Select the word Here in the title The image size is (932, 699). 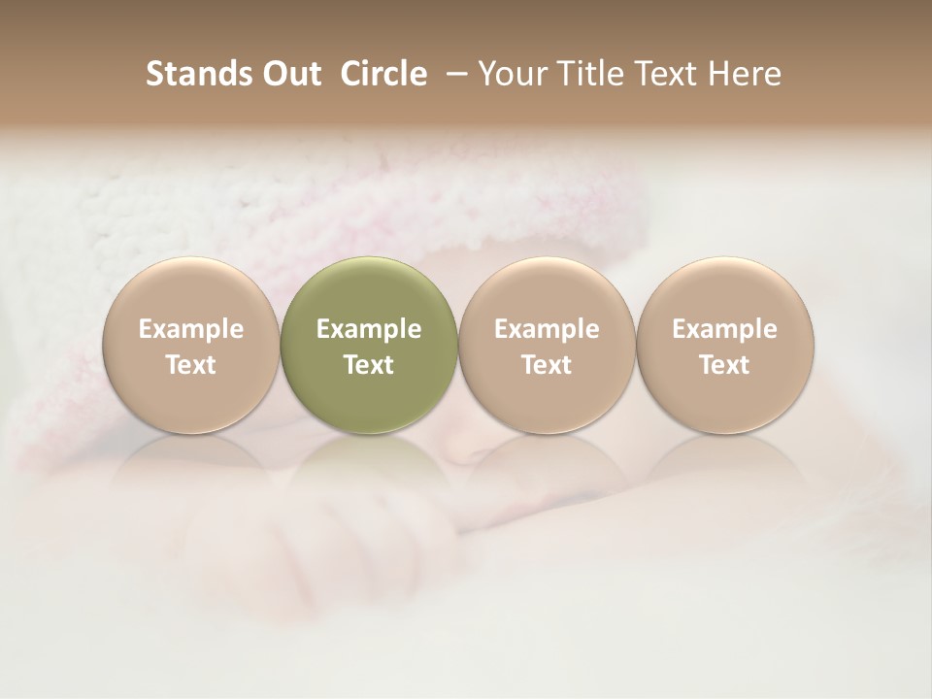click(x=746, y=74)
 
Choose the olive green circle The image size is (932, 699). click(x=369, y=345)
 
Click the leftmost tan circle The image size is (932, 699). click(x=191, y=345)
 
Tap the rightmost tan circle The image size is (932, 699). click(x=724, y=345)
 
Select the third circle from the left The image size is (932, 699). click(x=547, y=345)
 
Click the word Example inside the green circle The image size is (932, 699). click(x=369, y=329)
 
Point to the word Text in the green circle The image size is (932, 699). click(x=369, y=365)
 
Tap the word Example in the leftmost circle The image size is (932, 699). click(x=191, y=329)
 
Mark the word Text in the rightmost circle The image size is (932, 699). click(x=724, y=365)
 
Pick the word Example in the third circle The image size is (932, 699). click(x=547, y=329)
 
